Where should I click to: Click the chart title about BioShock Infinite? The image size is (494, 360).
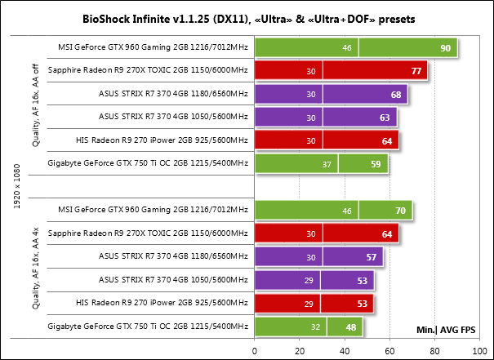tap(247, 16)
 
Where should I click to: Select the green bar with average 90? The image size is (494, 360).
tap(355, 49)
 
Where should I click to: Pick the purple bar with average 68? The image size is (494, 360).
tap(331, 96)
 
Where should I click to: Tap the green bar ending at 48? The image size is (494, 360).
tap(309, 327)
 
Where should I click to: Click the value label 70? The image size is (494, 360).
tap(401, 211)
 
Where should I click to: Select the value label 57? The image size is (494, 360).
tap(372, 257)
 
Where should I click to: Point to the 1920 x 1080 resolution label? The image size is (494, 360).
tap(18, 187)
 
